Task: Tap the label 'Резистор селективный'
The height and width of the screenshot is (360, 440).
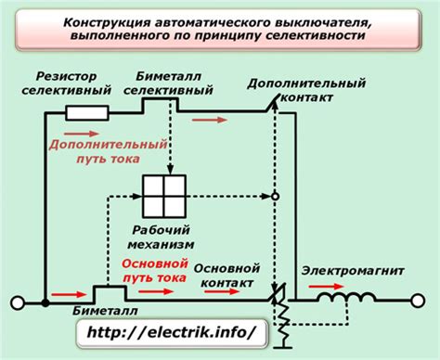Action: point(67,83)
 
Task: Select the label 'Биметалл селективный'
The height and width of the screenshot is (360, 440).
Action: point(162,83)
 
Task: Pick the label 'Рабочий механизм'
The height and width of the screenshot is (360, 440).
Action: point(164,238)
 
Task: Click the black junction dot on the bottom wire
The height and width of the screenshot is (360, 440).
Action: point(45,302)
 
